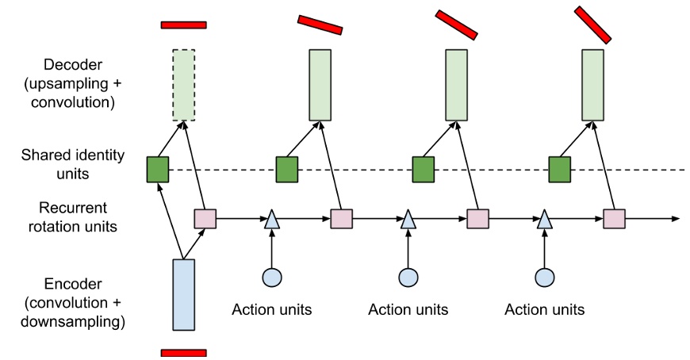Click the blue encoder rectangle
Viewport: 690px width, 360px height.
click(x=183, y=294)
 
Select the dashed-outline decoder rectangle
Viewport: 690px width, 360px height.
click(x=183, y=85)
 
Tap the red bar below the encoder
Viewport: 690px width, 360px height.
click(x=183, y=352)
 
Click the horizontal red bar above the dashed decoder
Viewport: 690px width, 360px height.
click(x=183, y=25)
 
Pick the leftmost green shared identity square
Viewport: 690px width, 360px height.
click(x=158, y=170)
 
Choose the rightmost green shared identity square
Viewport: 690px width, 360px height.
click(x=560, y=170)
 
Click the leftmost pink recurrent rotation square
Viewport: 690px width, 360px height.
click(x=205, y=218)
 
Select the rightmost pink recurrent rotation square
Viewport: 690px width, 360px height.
click(x=614, y=218)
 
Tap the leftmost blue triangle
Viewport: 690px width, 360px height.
click(x=272, y=219)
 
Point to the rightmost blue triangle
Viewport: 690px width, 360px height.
click(x=545, y=219)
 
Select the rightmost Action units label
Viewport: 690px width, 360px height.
click(x=545, y=309)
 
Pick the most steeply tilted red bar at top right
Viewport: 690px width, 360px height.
click(x=592, y=25)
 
